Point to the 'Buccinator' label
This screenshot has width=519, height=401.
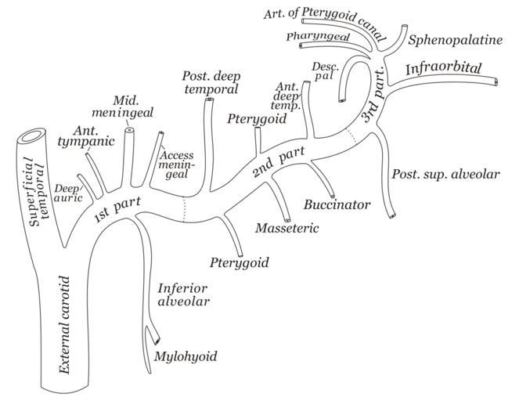(337, 205)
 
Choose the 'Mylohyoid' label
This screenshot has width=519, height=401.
(186, 357)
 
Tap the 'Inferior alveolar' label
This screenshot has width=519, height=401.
(184, 294)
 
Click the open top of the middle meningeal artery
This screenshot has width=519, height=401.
(130, 132)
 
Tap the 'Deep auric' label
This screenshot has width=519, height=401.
(67, 193)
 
